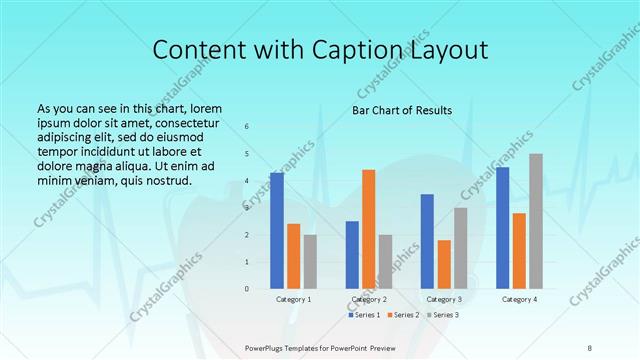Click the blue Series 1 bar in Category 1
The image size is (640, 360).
click(277, 230)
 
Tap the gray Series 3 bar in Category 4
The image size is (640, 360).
click(536, 221)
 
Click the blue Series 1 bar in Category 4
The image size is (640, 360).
click(502, 227)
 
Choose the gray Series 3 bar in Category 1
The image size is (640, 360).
click(310, 261)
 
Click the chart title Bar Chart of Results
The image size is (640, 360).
click(401, 110)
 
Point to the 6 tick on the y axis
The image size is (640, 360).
click(247, 127)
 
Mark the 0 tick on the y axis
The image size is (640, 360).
click(247, 289)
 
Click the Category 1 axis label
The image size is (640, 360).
click(293, 299)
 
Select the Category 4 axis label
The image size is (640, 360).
click(519, 299)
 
